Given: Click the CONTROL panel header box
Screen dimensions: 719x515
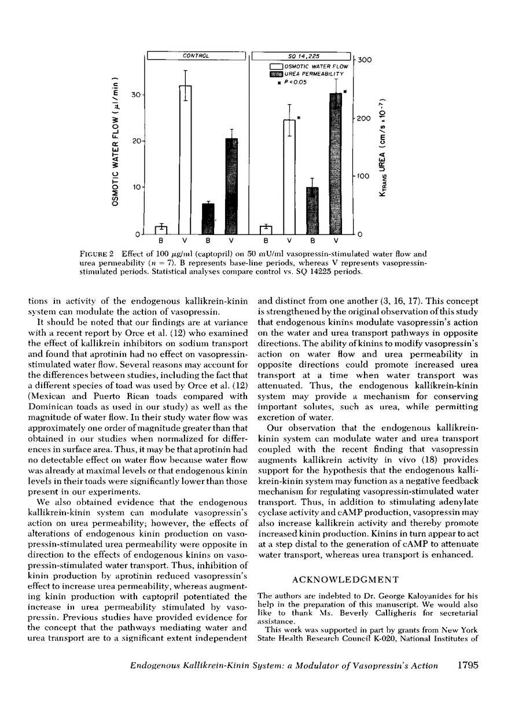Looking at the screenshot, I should click(196, 56).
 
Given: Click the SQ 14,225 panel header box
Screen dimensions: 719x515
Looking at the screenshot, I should click(301, 56).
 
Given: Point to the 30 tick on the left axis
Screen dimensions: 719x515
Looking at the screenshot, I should click(139, 94).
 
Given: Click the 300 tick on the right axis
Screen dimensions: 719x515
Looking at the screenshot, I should click(363, 60).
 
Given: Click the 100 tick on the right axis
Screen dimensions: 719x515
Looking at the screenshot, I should click(363, 176).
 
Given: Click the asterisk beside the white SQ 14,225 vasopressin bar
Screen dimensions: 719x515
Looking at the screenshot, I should click(299, 118).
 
